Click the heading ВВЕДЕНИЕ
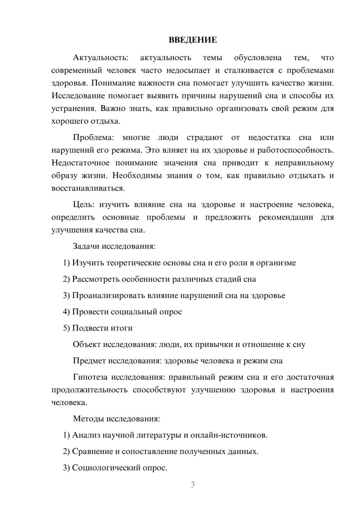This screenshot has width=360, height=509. [x=193, y=40]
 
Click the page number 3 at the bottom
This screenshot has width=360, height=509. [x=193, y=485]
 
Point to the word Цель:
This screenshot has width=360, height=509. [x=84, y=205]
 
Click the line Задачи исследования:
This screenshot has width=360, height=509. [x=114, y=247]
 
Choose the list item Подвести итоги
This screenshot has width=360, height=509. [x=102, y=328]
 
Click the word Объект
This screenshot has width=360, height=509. [x=87, y=344]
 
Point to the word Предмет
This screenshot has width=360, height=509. [x=89, y=361]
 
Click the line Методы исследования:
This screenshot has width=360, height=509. [x=116, y=419]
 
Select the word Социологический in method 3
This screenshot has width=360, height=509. [x=102, y=468]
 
